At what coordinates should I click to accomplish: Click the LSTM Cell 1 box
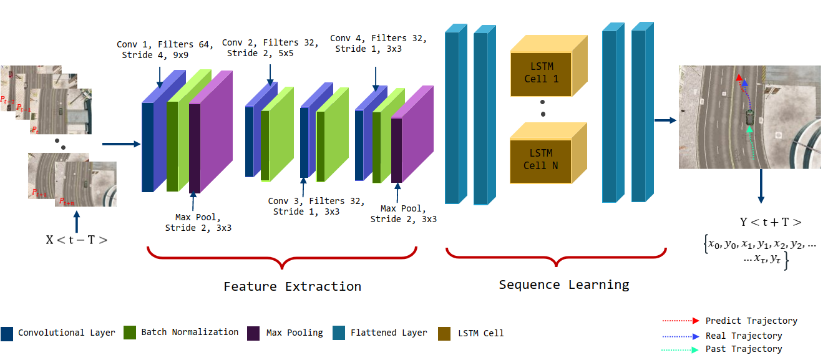point(540,74)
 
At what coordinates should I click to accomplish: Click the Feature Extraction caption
point(292,286)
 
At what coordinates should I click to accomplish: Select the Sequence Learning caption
point(563,285)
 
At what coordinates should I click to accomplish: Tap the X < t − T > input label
point(76,238)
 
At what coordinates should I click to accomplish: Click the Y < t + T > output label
point(770,222)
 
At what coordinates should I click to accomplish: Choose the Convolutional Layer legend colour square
point(7,333)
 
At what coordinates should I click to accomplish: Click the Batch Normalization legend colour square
point(130,333)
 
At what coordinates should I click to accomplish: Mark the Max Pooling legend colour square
point(254,333)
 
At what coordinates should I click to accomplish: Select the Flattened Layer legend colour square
point(339,333)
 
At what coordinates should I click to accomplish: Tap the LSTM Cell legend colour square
point(445,333)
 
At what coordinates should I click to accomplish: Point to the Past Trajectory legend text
point(743,349)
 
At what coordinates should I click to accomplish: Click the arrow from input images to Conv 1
point(121,144)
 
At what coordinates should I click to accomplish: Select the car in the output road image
point(749,117)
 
